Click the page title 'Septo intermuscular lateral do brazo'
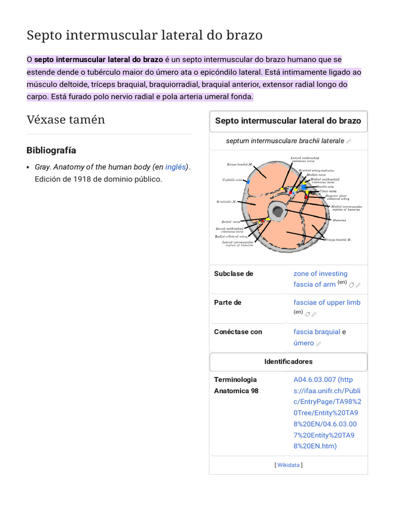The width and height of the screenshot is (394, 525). click(144, 35)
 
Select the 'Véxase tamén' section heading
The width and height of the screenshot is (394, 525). click(66, 120)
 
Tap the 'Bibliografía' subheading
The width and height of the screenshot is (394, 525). click(51, 150)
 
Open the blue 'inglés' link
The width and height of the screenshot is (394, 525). click(175, 167)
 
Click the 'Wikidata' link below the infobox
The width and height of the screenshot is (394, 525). click(288, 465)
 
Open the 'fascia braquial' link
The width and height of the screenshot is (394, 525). click(317, 332)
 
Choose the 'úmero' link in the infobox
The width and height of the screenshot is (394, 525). click(303, 343)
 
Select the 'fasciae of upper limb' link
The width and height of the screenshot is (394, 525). click(327, 302)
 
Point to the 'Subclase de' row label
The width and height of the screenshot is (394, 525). click(233, 274)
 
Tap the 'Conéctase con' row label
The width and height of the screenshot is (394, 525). click(238, 332)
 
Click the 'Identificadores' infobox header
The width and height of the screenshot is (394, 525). click(288, 361)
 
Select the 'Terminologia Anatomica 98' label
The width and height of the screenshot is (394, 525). click(236, 385)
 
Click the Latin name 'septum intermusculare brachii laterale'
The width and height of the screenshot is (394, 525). click(285, 140)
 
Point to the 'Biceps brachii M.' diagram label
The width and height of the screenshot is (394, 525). click(240, 165)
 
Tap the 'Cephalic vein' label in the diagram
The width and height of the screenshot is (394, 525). click(232, 180)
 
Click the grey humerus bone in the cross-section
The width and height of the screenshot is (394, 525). click(278, 210)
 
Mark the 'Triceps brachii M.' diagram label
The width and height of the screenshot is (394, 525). click(338, 240)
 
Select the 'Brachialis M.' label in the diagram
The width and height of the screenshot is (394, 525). click(226, 202)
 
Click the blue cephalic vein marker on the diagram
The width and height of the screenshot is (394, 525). click(248, 181)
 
